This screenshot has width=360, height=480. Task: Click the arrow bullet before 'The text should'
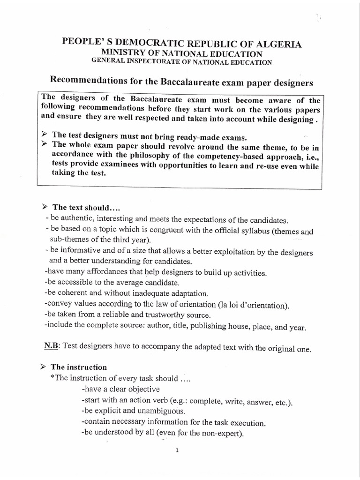pos(45,207)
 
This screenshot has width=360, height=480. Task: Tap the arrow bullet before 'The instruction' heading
pos(45,367)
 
